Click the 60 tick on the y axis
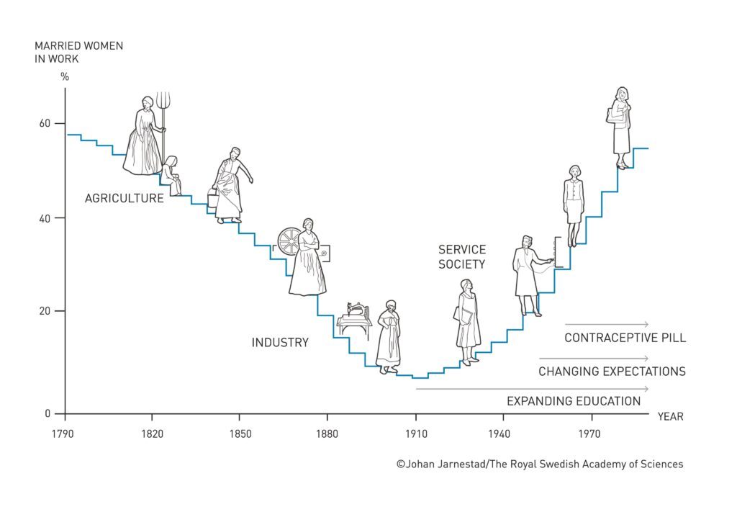point(45,123)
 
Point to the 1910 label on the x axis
point(415,434)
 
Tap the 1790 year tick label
point(65,434)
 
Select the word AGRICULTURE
point(124,198)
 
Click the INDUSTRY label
point(280,343)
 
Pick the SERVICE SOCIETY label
point(462,256)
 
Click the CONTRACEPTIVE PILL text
point(625,338)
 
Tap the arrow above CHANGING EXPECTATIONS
point(594,358)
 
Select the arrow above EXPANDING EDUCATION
point(532,389)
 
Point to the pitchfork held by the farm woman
point(163,108)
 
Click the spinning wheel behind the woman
point(289,242)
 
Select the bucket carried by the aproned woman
point(212,197)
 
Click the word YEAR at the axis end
point(670,416)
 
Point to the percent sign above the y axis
point(64,76)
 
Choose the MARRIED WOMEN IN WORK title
point(78,52)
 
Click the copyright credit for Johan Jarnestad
point(539,464)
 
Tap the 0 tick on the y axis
point(49,413)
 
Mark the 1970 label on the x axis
point(591,434)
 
